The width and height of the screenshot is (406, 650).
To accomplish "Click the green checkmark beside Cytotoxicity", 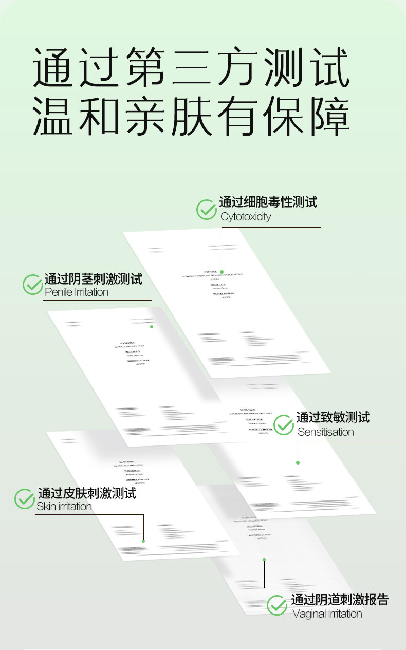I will point(207,210).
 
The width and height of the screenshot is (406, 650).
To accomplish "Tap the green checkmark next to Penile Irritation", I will point(33,285).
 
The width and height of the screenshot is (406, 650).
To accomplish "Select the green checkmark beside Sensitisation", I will point(284,424).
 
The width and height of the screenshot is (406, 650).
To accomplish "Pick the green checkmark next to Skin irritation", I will point(24,499).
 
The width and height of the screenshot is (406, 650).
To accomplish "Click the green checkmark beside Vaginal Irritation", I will point(277,605).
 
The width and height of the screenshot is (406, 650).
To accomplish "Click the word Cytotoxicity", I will point(246,217).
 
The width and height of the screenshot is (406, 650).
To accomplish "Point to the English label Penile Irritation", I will point(77,292).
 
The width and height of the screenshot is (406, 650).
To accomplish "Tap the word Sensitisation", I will point(326,432).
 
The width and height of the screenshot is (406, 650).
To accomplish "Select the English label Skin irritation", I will point(64,507).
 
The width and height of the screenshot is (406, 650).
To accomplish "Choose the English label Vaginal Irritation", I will point(327,614).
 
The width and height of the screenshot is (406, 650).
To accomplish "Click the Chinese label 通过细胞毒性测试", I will point(268,202).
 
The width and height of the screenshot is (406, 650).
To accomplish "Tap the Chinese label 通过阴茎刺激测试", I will point(93,279).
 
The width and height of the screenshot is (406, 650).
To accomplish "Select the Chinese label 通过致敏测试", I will point(333,417).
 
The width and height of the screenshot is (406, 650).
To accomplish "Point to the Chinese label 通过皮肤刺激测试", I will point(87,494).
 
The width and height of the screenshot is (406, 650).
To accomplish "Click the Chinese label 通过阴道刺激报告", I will point(340,600).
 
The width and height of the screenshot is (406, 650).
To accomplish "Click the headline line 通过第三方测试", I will point(191,67).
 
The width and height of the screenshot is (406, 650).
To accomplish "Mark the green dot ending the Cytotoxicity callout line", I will point(222,271).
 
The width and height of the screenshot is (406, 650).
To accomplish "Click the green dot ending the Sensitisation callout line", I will point(298,462).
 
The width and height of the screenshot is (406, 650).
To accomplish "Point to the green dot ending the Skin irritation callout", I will point(143,541).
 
